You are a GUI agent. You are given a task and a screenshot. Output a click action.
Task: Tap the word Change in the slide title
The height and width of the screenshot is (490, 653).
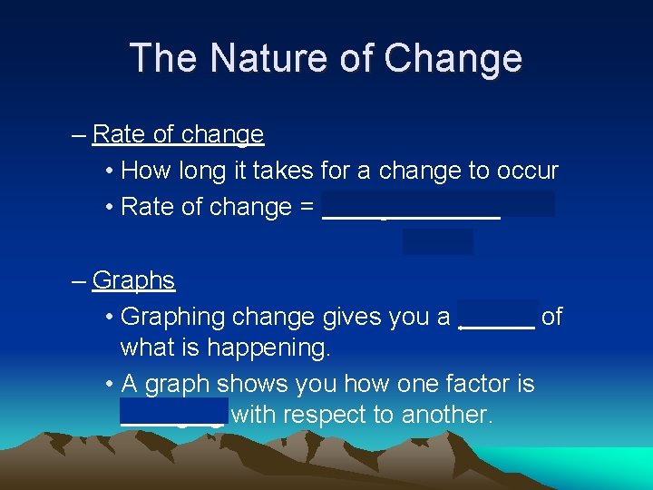coord(453,58)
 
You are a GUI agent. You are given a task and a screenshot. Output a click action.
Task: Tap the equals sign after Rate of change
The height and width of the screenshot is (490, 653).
coord(306,207)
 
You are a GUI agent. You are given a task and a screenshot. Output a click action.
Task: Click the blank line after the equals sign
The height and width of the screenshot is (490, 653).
coord(411,211)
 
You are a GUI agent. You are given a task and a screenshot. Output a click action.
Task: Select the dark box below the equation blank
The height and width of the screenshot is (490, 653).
coord(437,241)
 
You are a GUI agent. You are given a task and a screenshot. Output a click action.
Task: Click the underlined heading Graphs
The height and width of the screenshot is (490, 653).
coord(133,280)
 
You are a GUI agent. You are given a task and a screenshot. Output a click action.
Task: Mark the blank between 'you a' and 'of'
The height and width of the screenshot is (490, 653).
coord(498,317)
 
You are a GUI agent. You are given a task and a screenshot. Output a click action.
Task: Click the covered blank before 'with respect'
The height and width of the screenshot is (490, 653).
coord(173,413)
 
